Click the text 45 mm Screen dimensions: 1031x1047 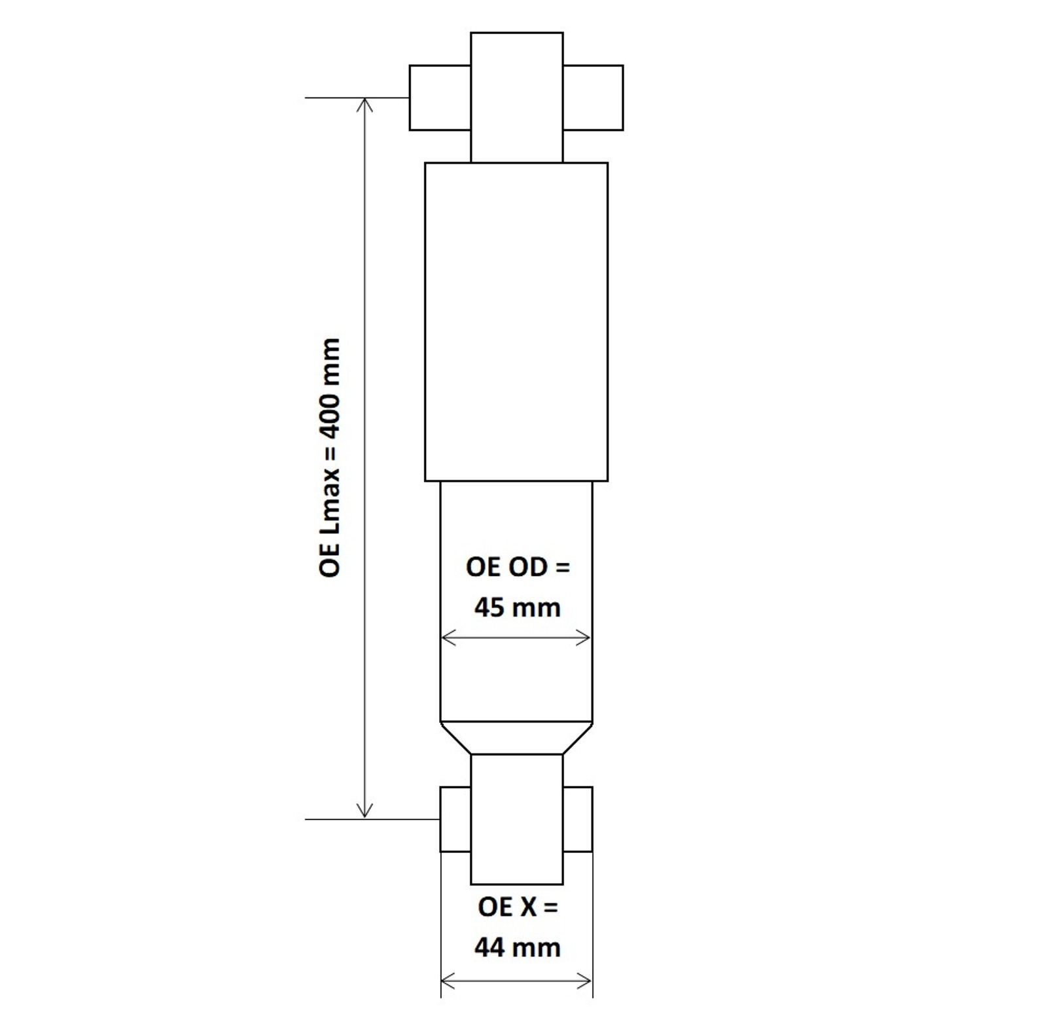[517, 608]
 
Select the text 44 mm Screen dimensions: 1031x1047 [517, 947]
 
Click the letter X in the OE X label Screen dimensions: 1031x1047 [527, 907]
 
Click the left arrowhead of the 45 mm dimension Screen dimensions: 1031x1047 [448, 638]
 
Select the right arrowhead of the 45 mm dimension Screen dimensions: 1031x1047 [585, 638]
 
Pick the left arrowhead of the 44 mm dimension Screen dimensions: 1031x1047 [448, 981]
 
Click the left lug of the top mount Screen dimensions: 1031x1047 [440, 98]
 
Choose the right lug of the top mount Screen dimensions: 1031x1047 [593, 98]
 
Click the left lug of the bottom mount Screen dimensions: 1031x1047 [455, 819]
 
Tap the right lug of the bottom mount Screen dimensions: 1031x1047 [578, 819]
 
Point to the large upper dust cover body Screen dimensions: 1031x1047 [516, 321]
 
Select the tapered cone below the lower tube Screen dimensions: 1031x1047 [516, 738]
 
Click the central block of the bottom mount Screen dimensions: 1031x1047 [516, 819]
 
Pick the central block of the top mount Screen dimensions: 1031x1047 [516, 97]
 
